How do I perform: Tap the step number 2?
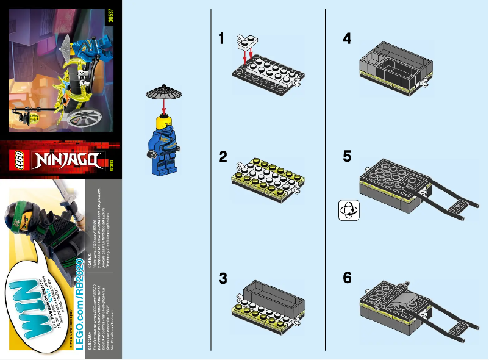224,157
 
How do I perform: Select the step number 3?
224,278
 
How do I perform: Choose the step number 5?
347,157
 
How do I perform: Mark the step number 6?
347,278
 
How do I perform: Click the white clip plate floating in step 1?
248,40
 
